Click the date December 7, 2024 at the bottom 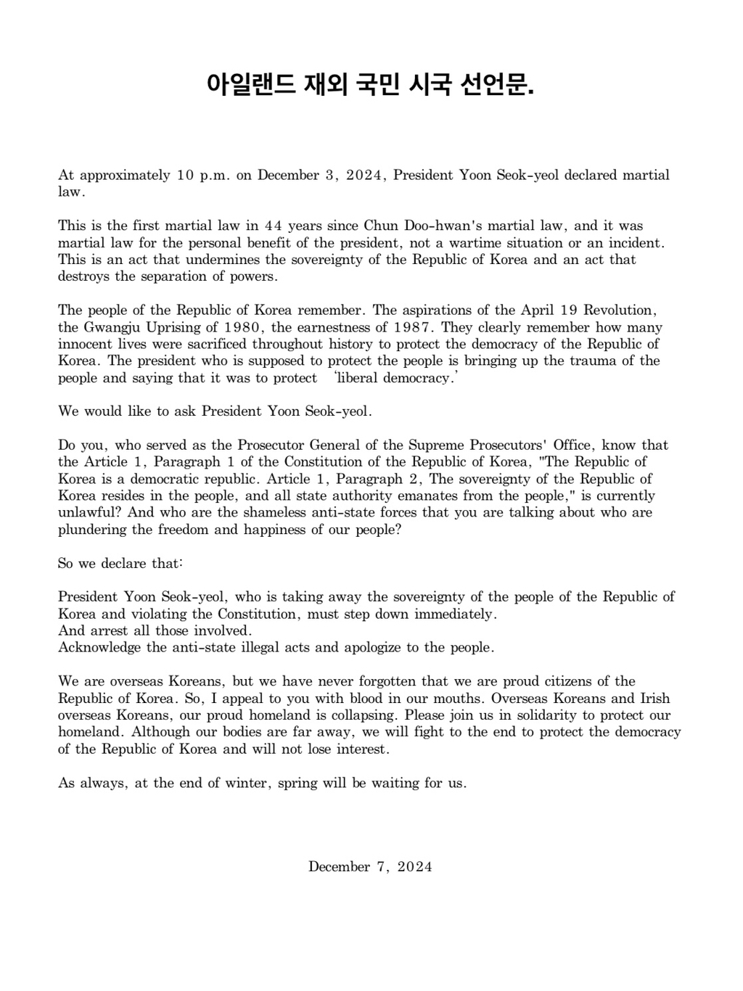click(370, 866)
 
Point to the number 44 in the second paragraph click(274, 226)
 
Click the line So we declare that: click(120, 563)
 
